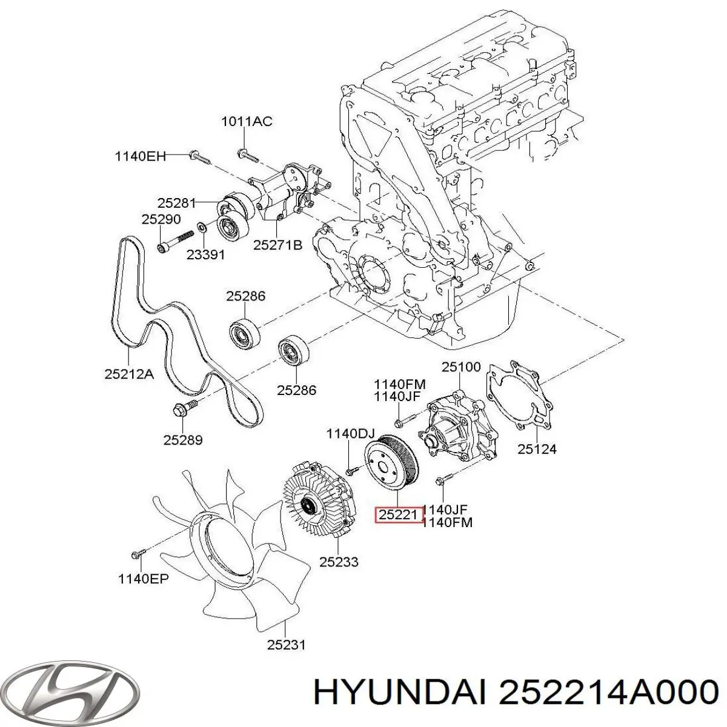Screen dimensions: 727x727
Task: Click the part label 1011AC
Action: (x=246, y=122)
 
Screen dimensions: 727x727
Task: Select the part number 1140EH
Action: (x=141, y=156)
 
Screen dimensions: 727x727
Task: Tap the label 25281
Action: (x=176, y=204)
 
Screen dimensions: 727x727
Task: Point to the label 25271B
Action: (x=277, y=245)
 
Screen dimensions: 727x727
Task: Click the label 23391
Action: (x=205, y=255)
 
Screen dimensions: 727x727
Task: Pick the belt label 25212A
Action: (x=129, y=374)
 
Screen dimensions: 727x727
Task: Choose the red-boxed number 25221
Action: (x=397, y=516)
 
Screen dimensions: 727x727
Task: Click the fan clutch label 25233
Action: (x=339, y=562)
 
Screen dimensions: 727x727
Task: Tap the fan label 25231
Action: (x=287, y=645)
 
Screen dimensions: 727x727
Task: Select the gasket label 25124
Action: (x=537, y=449)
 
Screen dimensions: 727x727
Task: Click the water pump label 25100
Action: (x=461, y=367)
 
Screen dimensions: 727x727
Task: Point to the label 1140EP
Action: (x=143, y=579)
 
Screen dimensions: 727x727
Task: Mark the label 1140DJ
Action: (x=351, y=433)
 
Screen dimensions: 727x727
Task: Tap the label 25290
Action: (x=161, y=219)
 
